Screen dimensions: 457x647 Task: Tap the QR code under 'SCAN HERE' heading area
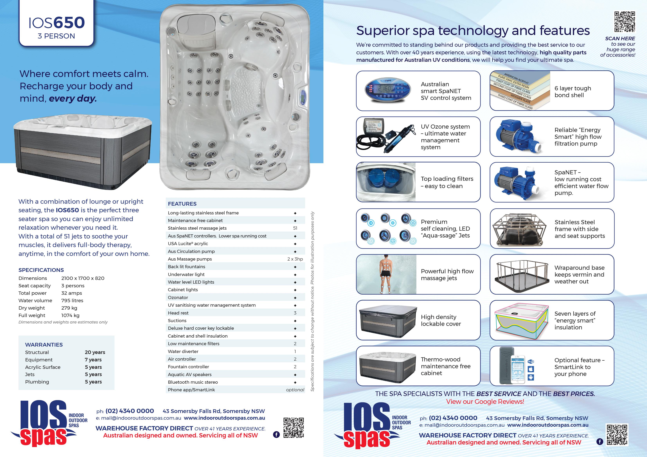[x=625, y=22]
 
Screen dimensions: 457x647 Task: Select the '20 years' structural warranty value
[x=95, y=352]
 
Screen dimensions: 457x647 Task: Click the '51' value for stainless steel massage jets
[x=295, y=228]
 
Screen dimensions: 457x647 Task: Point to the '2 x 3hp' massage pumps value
[x=295, y=259]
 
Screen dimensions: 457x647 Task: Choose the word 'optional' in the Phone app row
[x=295, y=390]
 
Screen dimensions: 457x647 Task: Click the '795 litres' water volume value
[x=72, y=300]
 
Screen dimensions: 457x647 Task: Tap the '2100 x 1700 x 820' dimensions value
[x=83, y=278]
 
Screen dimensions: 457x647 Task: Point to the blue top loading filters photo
[x=385, y=182]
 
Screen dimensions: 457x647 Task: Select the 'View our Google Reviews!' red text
[x=485, y=401]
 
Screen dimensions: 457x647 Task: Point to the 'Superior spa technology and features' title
[x=473, y=30]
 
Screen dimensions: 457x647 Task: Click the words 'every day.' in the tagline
[x=73, y=99]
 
